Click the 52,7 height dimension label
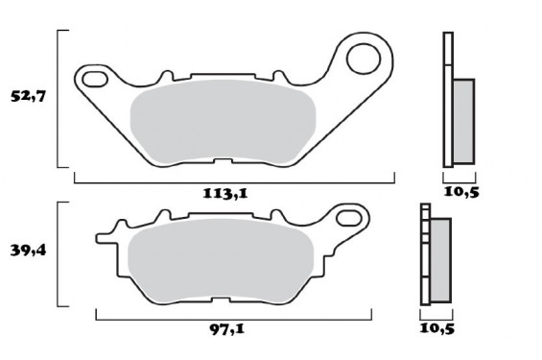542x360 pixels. point(29,97)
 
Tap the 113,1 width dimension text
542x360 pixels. point(228,192)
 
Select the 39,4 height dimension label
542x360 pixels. point(29,251)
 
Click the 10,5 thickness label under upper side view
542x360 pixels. point(462,192)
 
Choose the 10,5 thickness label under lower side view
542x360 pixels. point(436,328)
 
